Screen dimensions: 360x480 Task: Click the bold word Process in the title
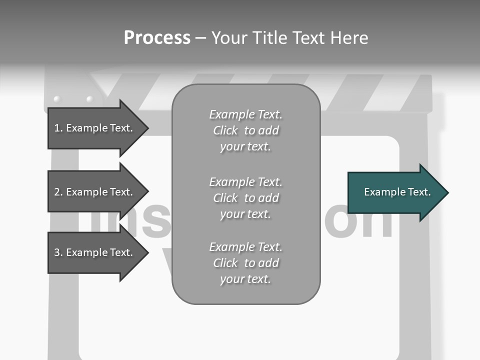[157, 38]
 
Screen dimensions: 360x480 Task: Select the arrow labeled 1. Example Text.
[95, 128]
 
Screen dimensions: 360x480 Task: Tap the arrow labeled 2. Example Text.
[95, 192]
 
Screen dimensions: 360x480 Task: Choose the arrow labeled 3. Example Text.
[95, 252]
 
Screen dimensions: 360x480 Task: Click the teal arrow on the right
[395, 192]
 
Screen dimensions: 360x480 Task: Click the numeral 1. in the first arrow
[58, 128]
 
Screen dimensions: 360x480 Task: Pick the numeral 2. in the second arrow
[58, 192]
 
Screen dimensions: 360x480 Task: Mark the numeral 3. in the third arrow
[58, 252]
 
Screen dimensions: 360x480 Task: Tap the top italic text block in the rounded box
[245, 130]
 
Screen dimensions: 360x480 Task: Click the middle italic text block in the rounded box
[245, 198]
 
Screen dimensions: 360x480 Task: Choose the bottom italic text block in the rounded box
[245, 263]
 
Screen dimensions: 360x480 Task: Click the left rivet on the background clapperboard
[56, 99]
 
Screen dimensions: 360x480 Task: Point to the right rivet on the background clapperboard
[90, 99]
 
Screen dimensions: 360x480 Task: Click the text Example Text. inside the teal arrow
[397, 192]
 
